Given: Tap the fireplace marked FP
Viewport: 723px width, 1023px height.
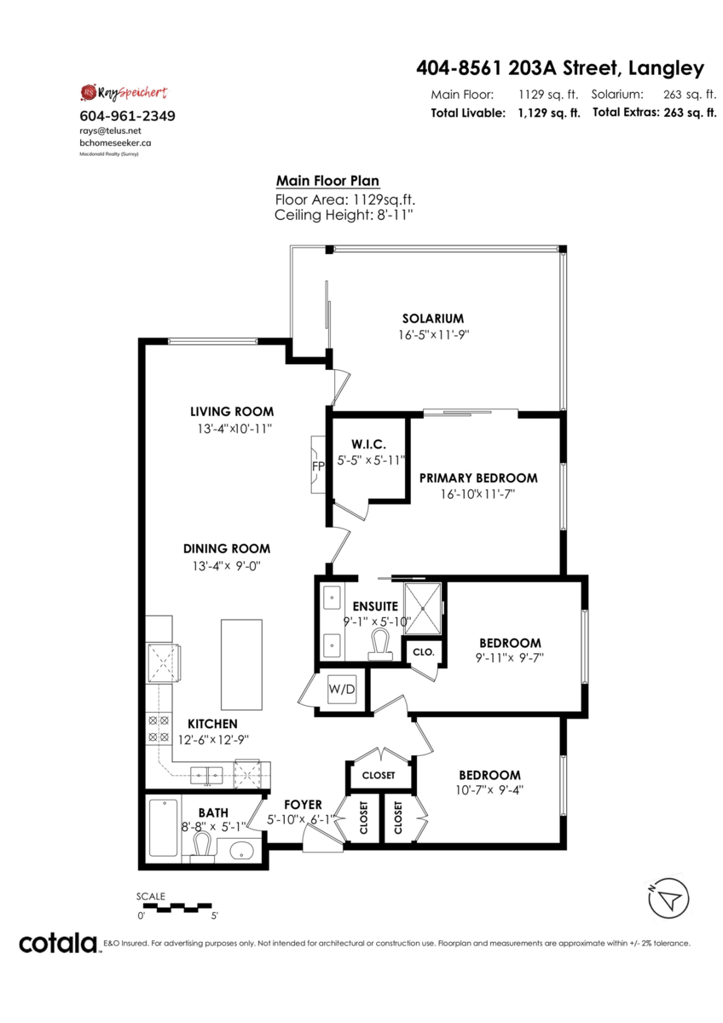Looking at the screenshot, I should coord(317,466).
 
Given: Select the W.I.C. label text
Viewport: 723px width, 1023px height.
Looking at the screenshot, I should coord(368,444).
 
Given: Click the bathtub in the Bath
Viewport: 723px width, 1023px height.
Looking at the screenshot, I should coord(163,828).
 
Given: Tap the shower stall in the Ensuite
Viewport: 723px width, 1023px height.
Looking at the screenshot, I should coord(423,608).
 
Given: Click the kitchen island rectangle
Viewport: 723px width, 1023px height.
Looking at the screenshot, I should coord(242,665).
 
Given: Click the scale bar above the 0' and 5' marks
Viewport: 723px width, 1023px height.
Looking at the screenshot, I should coord(175,905).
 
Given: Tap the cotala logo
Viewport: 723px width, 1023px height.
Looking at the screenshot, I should coord(59,943).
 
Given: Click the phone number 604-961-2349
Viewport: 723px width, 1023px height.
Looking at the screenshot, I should coord(127,116).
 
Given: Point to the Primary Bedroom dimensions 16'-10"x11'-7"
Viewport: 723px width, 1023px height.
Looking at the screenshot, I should coord(477,494).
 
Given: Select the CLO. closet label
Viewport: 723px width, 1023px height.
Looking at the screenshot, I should coord(424,651).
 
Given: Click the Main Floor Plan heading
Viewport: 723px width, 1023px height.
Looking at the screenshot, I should coord(327,181).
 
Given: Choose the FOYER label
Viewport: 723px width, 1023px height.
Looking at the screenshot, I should coord(303,804).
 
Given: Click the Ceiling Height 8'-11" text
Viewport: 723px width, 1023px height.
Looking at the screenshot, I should coord(344,216).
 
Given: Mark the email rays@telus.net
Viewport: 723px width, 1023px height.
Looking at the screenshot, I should coord(110,131).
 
